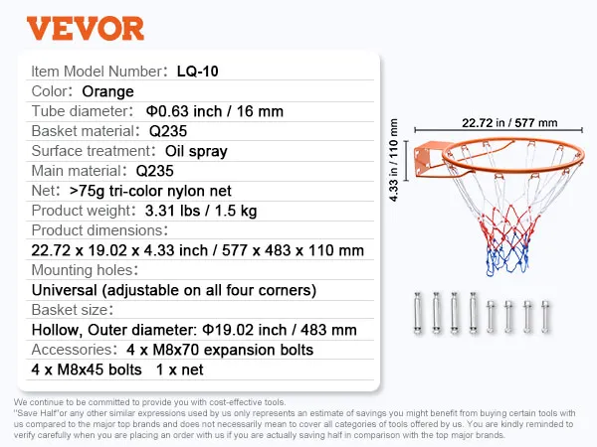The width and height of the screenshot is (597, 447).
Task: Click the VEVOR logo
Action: (x=86, y=28)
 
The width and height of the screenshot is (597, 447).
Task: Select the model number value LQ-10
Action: (x=198, y=72)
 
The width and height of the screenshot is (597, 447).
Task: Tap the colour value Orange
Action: (x=107, y=91)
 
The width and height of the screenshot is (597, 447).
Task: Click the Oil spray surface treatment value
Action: (x=196, y=151)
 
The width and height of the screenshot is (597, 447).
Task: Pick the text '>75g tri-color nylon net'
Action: (x=150, y=191)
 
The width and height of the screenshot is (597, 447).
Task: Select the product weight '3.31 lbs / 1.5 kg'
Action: (x=201, y=211)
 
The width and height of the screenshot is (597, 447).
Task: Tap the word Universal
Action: (x=64, y=290)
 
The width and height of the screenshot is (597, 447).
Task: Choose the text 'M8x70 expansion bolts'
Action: (x=233, y=350)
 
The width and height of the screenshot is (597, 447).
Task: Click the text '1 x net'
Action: (x=180, y=370)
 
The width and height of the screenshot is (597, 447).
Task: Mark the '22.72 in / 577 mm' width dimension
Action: (x=509, y=123)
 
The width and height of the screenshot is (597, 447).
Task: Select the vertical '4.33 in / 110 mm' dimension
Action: (x=393, y=160)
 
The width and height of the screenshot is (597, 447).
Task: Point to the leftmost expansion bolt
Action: (x=418, y=314)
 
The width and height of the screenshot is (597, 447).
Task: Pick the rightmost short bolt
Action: (x=545, y=317)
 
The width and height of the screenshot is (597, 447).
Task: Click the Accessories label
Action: (x=73, y=350)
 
